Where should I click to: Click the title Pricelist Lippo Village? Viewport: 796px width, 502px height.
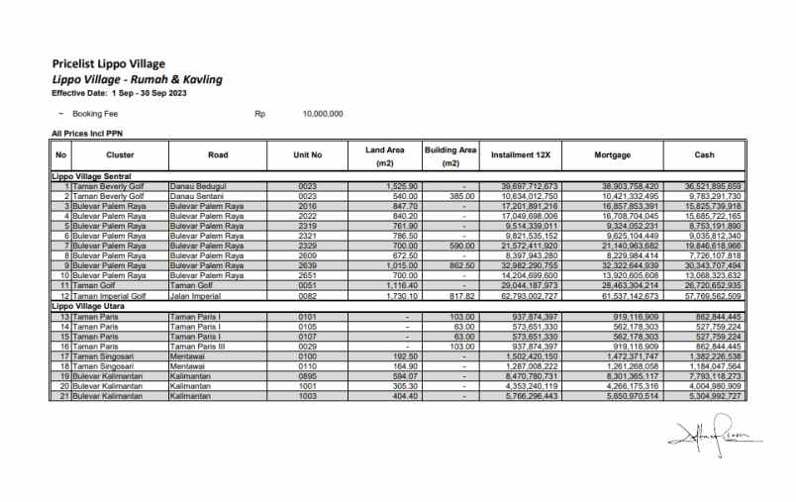click(x=108, y=64)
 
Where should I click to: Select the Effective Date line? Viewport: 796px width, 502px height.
click(x=119, y=92)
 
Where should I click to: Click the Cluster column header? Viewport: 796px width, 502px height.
click(x=120, y=155)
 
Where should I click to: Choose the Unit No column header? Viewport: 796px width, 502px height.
click(x=308, y=155)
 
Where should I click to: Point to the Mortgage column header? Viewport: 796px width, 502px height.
click(x=612, y=155)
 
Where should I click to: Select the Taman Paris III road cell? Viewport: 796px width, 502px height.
click(x=200, y=345)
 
